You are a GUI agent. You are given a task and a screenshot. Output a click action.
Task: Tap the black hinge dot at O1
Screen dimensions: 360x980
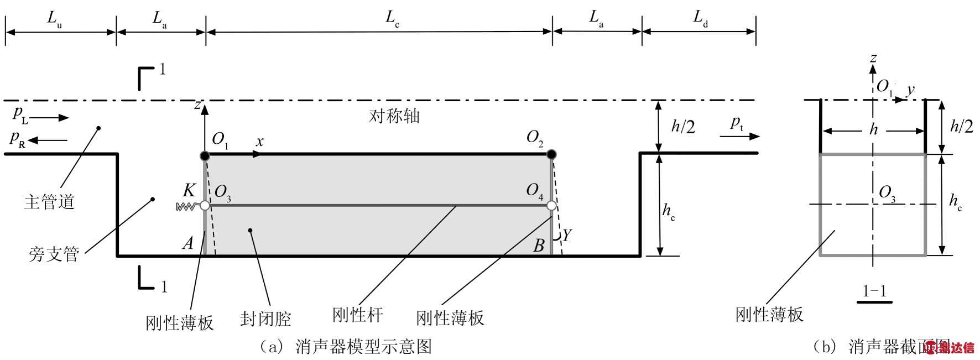(205, 155)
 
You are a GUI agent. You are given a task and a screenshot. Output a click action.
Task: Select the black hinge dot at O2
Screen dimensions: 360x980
(551, 155)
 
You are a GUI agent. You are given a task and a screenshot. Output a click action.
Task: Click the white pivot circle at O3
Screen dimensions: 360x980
(205, 206)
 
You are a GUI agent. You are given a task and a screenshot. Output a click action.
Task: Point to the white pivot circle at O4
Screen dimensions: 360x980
(551, 206)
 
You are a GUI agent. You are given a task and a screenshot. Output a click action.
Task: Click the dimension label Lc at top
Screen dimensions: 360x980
(392, 19)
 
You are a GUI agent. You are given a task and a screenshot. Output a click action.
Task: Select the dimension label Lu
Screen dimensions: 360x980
(54, 19)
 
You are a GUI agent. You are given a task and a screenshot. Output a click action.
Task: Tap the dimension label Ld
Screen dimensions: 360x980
(700, 19)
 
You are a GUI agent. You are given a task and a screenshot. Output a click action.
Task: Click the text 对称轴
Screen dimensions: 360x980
(394, 116)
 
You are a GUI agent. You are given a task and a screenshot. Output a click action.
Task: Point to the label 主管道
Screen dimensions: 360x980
(49, 201)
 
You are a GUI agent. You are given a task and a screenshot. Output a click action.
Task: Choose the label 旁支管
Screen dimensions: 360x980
(54, 254)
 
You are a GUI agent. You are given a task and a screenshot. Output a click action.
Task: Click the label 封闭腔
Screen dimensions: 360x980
(265, 319)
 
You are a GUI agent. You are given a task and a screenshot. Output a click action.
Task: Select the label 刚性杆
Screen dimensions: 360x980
(357, 315)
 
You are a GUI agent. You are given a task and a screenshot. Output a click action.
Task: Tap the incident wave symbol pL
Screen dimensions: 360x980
(20, 116)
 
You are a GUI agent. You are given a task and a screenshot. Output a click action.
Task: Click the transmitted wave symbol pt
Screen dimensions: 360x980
(737, 123)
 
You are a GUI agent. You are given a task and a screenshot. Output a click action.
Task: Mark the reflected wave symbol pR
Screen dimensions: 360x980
(18, 139)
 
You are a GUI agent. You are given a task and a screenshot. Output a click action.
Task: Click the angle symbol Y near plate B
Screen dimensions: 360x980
(566, 236)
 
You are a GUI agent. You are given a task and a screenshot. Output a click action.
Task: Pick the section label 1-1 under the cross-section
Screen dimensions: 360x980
(874, 291)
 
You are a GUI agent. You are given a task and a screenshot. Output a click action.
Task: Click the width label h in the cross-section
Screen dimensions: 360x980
(873, 130)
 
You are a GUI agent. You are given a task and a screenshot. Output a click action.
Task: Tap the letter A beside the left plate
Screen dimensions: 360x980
(189, 243)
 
